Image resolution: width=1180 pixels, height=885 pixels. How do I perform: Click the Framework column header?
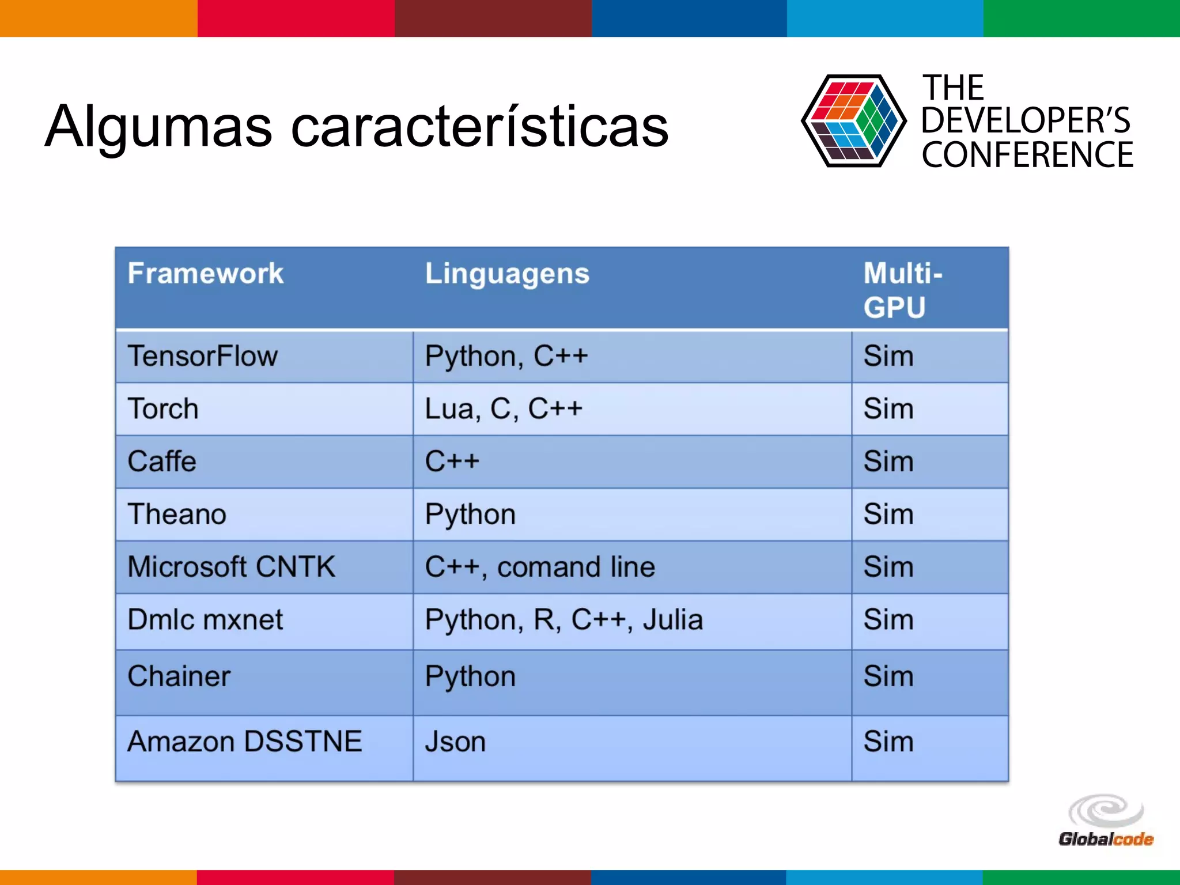click(x=206, y=273)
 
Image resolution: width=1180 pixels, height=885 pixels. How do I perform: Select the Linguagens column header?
click(x=507, y=273)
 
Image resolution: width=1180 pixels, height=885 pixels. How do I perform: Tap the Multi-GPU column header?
click(x=902, y=290)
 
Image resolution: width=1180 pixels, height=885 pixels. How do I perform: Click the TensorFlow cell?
click(x=203, y=356)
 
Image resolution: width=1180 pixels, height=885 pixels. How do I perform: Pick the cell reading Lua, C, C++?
click(x=504, y=409)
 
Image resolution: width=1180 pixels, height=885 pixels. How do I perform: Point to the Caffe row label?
click(x=162, y=462)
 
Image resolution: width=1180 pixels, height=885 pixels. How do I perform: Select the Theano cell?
click(x=177, y=514)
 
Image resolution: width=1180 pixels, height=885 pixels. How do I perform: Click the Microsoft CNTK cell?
click(x=231, y=567)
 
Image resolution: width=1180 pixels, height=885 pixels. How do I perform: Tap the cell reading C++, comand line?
click(x=540, y=567)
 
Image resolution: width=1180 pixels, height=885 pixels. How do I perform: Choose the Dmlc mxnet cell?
click(x=205, y=620)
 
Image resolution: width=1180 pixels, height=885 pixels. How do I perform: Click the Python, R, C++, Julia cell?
click(x=563, y=620)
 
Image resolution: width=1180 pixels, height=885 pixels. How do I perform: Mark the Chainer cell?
click(x=179, y=676)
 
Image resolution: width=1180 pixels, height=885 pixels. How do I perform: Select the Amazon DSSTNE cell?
click(x=244, y=742)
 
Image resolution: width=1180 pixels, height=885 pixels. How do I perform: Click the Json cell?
click(x=455, y=742)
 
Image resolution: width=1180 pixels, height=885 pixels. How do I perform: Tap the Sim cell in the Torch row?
click(x=888, y=409)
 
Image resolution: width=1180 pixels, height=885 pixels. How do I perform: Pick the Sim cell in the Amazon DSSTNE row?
click(x=888, y=742)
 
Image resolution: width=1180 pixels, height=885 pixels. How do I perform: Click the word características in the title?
click(x=479, y=127)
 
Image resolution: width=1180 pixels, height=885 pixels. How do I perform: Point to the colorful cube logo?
click(x=853, y=121)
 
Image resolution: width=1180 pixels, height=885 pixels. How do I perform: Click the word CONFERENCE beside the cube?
click(x=1027, y=155)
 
